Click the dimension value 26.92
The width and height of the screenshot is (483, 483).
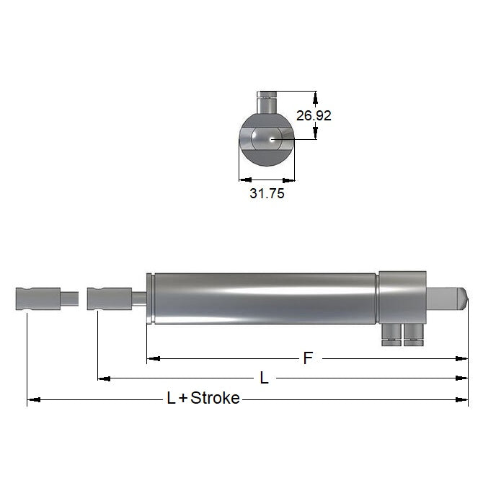click(x=314, y=115)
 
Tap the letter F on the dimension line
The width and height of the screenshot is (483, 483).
click(x=308, y=358)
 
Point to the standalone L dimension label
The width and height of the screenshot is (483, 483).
click(x=264, y=378)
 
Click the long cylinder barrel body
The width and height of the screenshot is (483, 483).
click(x=263, y=297)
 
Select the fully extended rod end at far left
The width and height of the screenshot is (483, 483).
click(x=37, y=297)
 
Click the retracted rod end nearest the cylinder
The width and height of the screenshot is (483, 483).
click(x=107, y=297)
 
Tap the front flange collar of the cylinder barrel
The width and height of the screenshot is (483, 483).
click(x=149, y=298)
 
